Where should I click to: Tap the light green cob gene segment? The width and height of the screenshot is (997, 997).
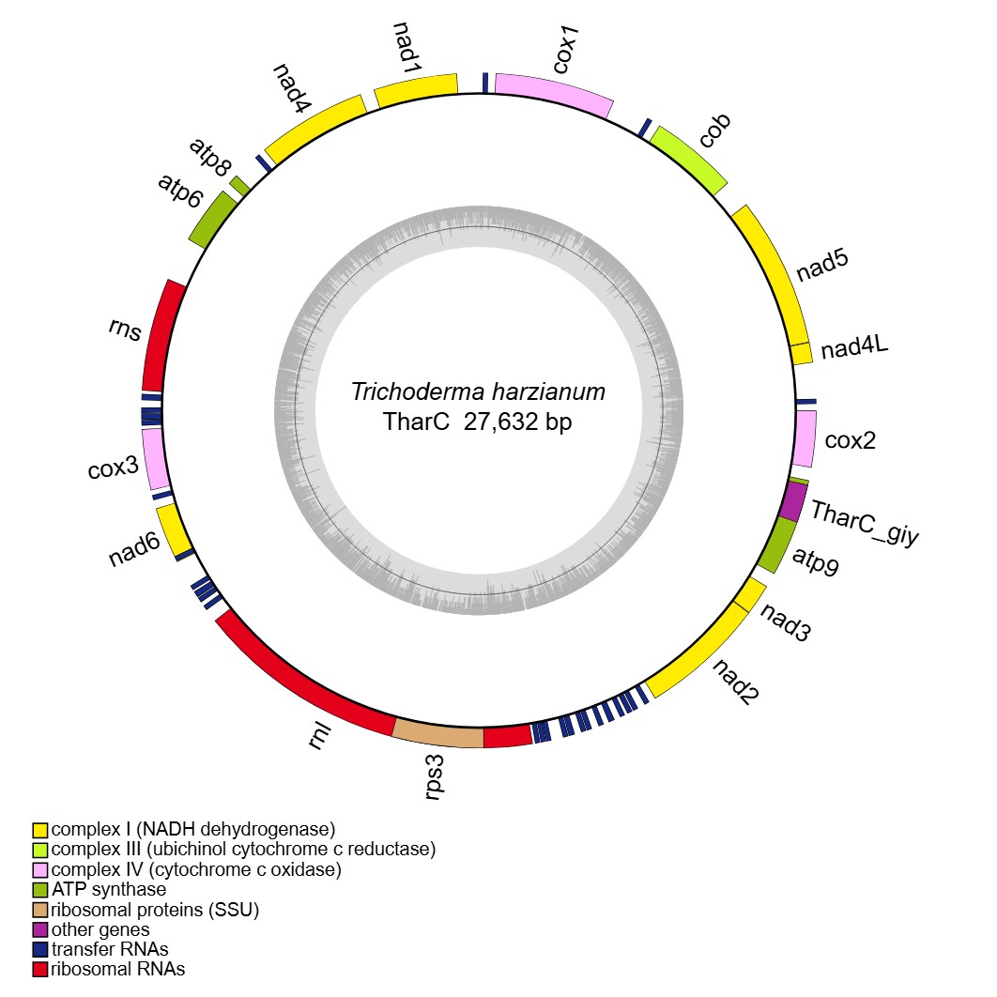(x=690, y=159)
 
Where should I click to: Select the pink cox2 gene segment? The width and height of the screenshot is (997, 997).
(x=805, y=437)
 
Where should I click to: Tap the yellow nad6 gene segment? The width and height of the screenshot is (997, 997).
(x=174, y=530)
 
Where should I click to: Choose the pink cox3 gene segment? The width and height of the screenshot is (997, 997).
(x=155, y=458)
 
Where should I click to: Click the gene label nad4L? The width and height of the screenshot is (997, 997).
(x=854, y=349)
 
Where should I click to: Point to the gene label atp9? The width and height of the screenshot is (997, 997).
(x=816, y=561)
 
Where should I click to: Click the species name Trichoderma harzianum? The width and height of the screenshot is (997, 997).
(x=478, y=391)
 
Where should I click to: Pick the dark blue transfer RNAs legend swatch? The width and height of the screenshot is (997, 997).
(x=40, y=949)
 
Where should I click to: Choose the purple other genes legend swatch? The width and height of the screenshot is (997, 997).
(x=40, y=929)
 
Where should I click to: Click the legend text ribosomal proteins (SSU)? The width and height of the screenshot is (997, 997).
(x=155, y=909)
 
